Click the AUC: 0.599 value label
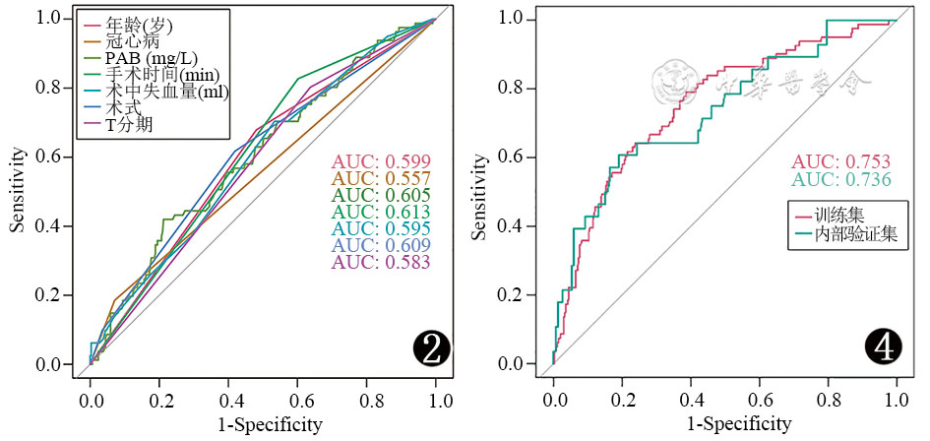point(381,161)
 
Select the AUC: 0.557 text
point(381,178)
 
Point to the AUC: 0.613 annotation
point(381,212)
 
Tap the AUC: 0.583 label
point(381,263)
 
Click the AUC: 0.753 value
point(842,162)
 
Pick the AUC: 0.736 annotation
point(842,179)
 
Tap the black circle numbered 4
point(883,347)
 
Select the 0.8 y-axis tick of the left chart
point(49,88)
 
